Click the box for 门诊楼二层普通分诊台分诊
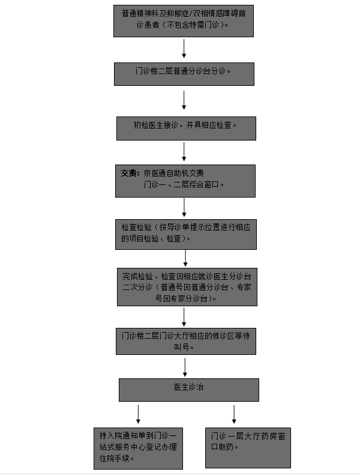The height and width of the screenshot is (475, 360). [184, 74]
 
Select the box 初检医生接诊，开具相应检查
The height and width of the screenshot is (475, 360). [186, 129]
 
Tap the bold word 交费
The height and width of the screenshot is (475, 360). [130, 174]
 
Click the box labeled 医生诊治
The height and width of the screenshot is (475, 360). [189, 390]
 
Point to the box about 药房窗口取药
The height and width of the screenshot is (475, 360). [248, 448]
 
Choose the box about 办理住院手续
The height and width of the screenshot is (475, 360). [139, 449]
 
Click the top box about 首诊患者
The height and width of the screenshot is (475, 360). [184, 21]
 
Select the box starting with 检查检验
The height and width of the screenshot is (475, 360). [186, 234]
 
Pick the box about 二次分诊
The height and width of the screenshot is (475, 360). [187, 287]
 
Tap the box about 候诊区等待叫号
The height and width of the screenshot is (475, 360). [186, 342]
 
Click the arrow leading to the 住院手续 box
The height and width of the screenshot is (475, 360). [138, 414]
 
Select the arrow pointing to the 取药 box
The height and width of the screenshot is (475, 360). [234, 414]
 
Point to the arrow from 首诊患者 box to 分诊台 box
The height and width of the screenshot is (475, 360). [184, 49]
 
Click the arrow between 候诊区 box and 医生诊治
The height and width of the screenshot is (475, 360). [185, 367]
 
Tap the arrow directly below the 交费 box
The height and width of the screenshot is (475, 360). [184, 208]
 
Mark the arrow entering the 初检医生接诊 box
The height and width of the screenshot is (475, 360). [184, 100]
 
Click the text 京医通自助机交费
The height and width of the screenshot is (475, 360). [173, 174]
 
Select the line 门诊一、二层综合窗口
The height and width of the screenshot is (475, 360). [184, 184]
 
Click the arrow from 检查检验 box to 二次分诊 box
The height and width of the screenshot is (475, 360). [185, 258]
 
